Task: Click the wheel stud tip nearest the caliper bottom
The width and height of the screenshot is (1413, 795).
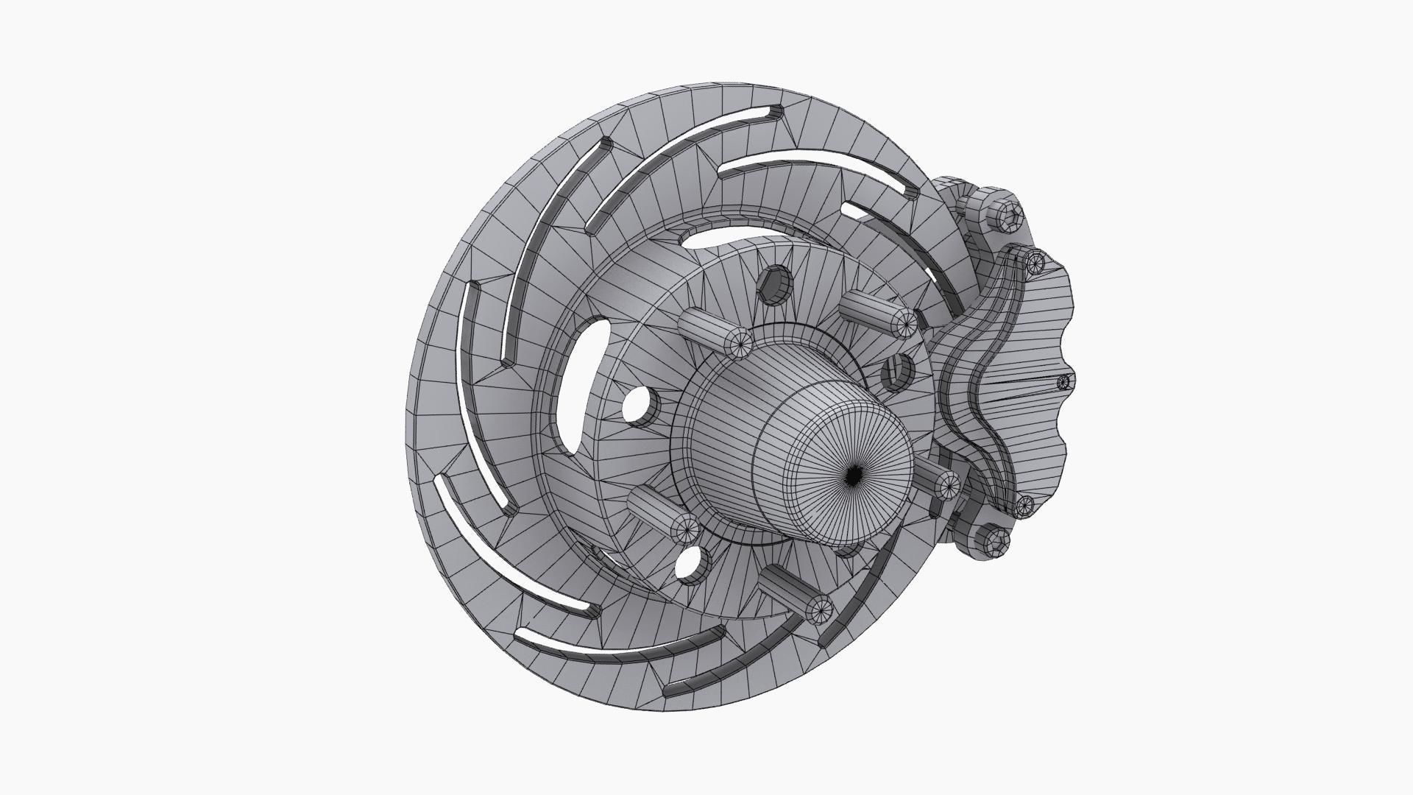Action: pyautogui.click(x=949, y=484)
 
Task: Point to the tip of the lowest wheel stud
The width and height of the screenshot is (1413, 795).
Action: pyautogui.click(x=820, y=608)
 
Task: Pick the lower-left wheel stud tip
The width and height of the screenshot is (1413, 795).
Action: pyautogui.click(x=685, y=527)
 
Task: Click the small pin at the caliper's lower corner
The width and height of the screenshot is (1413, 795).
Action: pyautogui.click(x=1024, y=505)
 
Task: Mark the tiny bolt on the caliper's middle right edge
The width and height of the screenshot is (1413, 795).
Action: pyautogui.click(x=1063, y=382)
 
